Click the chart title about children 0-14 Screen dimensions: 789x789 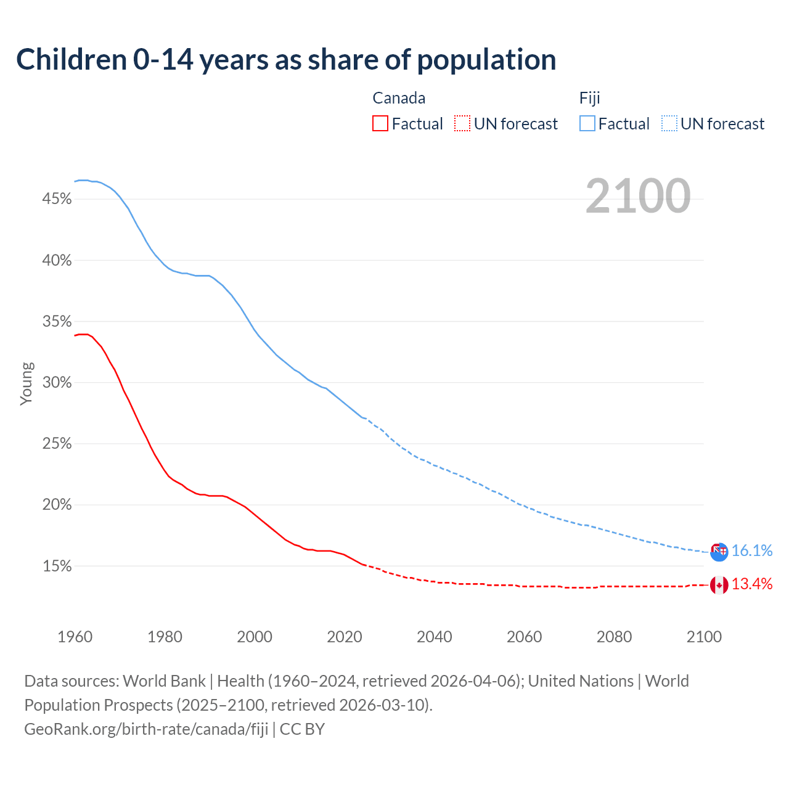[x=286, y=60]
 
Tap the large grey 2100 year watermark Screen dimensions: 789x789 [x=638, y=196]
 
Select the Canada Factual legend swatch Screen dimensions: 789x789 [x=380, y=124]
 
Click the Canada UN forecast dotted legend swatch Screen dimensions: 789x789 [x=462, y=124]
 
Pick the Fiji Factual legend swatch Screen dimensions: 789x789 [x=587, y=124]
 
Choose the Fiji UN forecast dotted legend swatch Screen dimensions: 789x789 [x=669, y=124]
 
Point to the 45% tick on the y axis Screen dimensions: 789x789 [x=57, y=199]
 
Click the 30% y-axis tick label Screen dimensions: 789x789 [x=57, y=383]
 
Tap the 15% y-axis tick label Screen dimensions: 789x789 [x=57, y=566]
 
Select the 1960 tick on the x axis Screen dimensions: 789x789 [x=75, y=637]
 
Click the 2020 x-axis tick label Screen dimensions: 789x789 [x=344, y=637]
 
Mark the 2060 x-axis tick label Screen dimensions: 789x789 [x=524, y=637]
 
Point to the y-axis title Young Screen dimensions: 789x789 [x=27, y=383]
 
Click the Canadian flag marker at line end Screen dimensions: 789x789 [x=719, y=585]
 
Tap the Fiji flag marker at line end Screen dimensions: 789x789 [x=719, y=552]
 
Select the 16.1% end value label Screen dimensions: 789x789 [x=752, y=551]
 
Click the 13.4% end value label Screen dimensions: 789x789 [x=752, y=584]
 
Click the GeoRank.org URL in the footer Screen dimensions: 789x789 [x=146, y=729]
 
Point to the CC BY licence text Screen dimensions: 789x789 [x=302, y=729]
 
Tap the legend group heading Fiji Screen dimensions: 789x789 [x=589, y=98]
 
